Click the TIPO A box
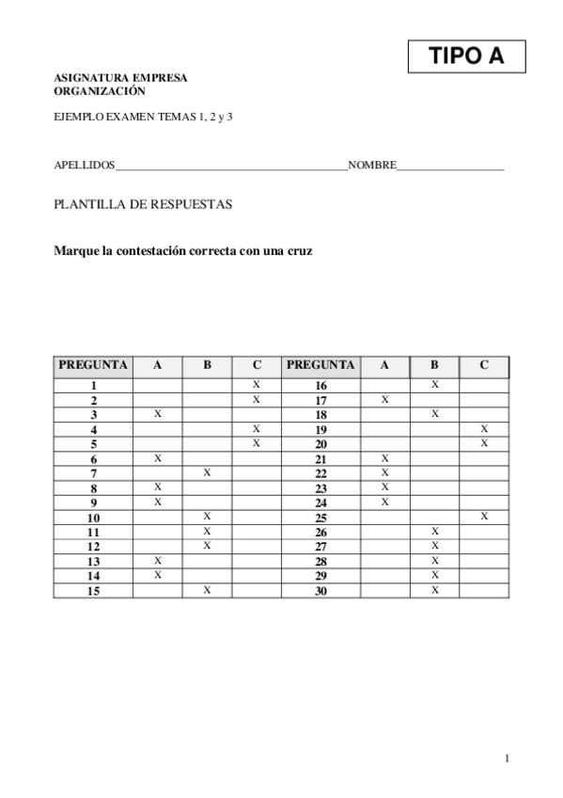click(466, 57)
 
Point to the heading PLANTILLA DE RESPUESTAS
click(143, 204)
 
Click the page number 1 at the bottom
click(507, 758)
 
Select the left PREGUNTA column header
click(93, 365)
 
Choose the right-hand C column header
click(484, 365)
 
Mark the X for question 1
click(257, 385)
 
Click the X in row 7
click(207, 472)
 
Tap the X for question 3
click(157, 414)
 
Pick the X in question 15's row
click(207, 590)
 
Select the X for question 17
click(384, 400)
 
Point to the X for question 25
click(484, 517)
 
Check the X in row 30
click(434, 590)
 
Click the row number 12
click(93, 547)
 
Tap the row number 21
click(321, 459)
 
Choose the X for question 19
click(484, 429)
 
